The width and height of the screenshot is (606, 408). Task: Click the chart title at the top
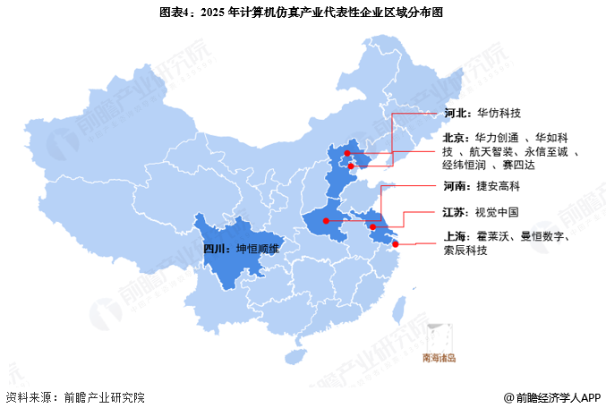click(303, 13)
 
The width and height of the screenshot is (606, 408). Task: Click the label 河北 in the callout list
click(455, 114)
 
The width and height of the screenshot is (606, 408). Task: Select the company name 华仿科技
click(499, 114)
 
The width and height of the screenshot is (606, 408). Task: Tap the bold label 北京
click(455, 138)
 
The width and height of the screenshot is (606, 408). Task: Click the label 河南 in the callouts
click(455, 188)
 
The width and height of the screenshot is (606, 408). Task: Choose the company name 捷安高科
click(499, 188)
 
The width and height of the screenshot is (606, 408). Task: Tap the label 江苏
click(455, 213)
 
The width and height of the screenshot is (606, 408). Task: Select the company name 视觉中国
click(499, 213)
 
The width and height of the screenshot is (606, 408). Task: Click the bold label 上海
click(455, 237)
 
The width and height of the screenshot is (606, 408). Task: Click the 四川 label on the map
click(216, 250)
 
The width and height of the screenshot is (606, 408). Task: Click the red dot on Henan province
click(327, 220)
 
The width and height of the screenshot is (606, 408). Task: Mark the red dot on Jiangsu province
click(373, 227)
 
